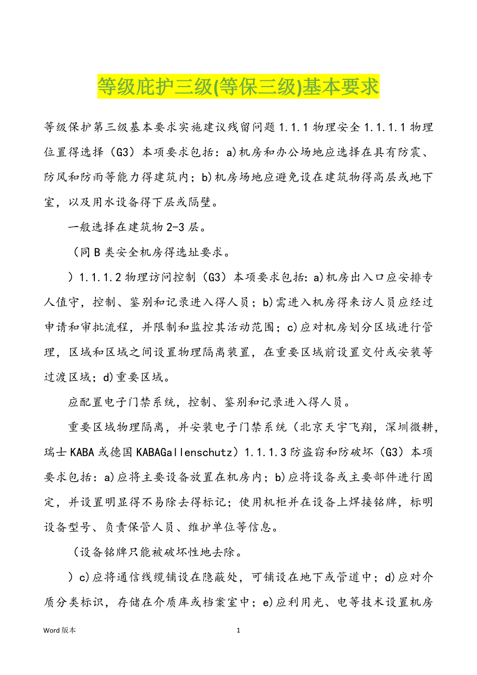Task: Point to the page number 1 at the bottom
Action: pyautogui.click(x=238, y=630)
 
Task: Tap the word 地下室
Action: pyautogui.click(x=419, y=177)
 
